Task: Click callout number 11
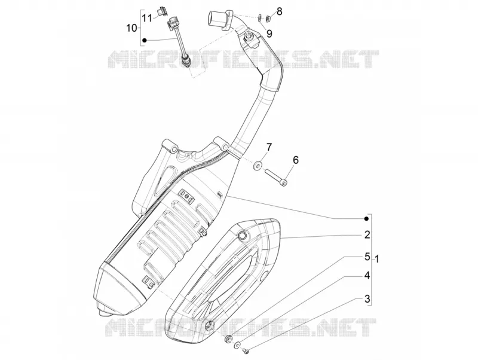tap(147, 18)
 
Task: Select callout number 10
tap(132, 28)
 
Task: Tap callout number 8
tap(279, 11)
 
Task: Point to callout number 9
tap(269, 33)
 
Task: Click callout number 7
tap(268, 147)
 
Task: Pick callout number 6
tap(296, 160)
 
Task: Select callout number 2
tap(367, 234)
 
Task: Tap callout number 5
tap(367, 257)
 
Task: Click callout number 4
tap(367, 275)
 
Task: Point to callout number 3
tap(367, 298)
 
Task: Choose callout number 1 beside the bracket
tap(377, 260)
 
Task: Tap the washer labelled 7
tap(258, 166)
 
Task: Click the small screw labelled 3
tap(246, 352)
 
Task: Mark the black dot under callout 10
tap(145, 40)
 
